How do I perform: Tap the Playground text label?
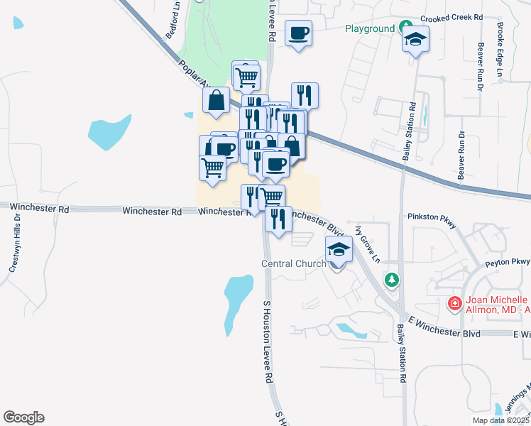click(370, 29)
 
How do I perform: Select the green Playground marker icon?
click(406, 28)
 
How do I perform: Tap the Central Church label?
click(295, 263)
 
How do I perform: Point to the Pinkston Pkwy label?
click(431, 215)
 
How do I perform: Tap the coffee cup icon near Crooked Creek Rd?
click(298, 33)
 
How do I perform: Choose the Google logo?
click(23, 417)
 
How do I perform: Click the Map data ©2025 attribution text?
click(500, 420)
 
